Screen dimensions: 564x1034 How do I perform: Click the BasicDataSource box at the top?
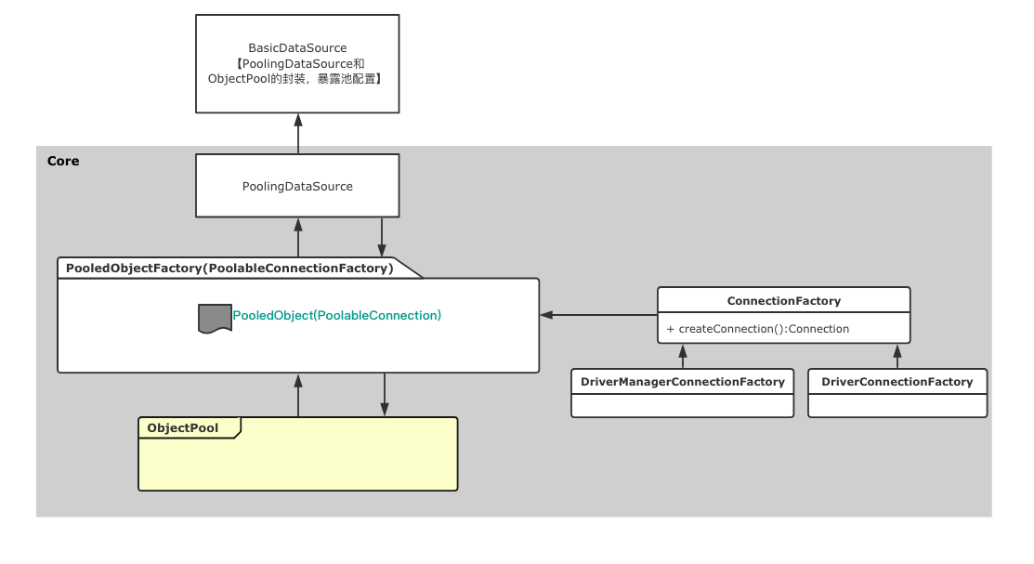297,63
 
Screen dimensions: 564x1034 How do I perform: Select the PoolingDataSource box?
297,186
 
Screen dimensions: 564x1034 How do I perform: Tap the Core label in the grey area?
63,161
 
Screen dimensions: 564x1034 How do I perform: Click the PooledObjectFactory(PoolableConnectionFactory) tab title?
229,269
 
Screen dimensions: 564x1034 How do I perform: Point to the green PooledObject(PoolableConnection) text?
336,316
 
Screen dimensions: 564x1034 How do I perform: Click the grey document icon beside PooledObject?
215,318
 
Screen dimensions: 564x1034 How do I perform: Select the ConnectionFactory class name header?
783,301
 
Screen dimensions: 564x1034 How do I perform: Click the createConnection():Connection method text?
757,329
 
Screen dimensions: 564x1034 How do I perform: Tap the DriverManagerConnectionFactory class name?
682,382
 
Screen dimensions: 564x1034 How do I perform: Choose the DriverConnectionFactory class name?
897,382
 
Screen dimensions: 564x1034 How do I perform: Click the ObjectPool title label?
183,428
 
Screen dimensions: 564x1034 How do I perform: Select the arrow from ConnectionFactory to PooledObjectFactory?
598,315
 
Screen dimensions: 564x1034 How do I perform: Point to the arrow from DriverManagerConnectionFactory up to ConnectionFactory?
683,357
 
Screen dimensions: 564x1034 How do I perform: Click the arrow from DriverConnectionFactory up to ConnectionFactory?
897,357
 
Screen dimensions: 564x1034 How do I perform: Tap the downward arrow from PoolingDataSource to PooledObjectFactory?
382,238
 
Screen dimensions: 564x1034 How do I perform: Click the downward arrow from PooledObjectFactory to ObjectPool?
384,395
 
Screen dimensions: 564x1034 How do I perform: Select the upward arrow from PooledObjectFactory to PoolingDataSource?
298,238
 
